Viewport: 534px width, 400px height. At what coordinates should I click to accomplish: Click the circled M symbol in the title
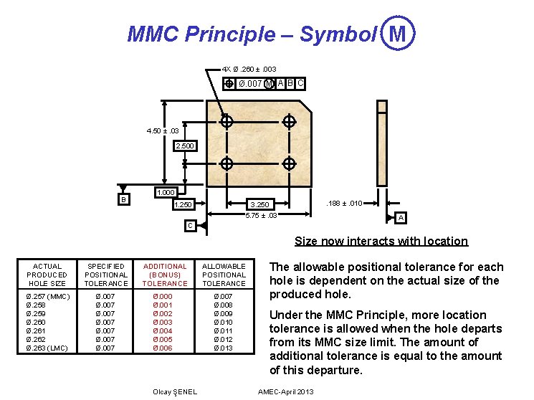[x=399, y=33]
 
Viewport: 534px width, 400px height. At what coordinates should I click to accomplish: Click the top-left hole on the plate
[x=227, y=122]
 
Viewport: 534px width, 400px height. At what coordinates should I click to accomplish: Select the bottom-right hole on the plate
[x=290, y=164]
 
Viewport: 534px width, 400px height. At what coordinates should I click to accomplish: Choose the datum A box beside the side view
[x=401, y=217]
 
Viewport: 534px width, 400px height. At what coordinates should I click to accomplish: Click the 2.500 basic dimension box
[x=185, y=146]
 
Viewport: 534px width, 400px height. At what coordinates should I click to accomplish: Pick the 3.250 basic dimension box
[x=259, y=205]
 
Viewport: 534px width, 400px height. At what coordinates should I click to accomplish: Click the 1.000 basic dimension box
[x=166, y=193]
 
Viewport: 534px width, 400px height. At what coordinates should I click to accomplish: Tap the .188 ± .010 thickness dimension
[x=344, y=204]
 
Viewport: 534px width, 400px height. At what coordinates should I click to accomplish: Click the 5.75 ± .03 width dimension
[x=261, y=215]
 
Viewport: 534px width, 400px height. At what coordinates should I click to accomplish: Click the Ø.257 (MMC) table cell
[x=48, y=296]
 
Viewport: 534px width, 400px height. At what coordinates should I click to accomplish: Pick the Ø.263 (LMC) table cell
[x=48, y=348]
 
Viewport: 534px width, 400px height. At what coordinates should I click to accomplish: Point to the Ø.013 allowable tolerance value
[x=224, y=348]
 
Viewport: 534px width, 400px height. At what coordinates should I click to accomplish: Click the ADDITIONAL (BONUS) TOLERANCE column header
[x=165, y=275]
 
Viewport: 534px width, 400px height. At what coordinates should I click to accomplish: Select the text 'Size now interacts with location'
[x=381, y=242]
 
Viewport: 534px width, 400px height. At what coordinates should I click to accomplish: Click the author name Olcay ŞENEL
[x=176, y=391]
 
